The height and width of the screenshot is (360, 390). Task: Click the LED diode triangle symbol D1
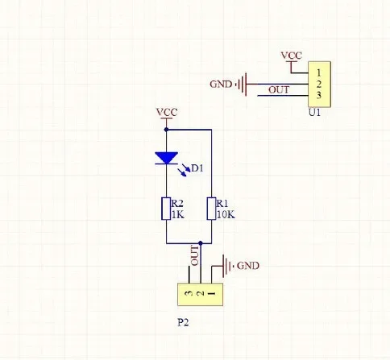tap(166, 158)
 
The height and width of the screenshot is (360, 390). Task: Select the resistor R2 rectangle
tap(166, 209)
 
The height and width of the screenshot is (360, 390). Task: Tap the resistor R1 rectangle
tap(211, 209)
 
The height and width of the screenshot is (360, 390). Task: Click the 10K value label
tap(226, 215)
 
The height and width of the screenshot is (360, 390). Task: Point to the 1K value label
tap(178, 215)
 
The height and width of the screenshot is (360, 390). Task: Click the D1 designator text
tap(197, 168)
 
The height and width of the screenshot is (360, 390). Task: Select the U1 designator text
tap(314, 113)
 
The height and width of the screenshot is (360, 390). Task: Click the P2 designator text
tap(183, 322)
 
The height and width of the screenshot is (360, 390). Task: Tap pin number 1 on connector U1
tap(319, 72)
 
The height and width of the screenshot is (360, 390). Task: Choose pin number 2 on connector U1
tap(319, 84)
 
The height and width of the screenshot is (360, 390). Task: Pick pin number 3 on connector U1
tap(319, 95)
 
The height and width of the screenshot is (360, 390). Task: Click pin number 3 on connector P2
tap(189, 293)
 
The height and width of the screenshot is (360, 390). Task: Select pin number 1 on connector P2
tap(212, 293)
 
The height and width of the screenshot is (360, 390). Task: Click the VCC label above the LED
tap(167, 112)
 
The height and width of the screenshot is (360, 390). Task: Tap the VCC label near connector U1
tap(292, 56)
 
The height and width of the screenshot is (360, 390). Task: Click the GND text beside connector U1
tap(221, 85)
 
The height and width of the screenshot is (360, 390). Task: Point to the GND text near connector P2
tap(248, 266)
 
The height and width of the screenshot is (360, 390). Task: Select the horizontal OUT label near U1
tap(279, 90)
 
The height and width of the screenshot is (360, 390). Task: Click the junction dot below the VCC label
tap(166, 130)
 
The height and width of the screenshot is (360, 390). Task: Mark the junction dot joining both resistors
tap(201, 243)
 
